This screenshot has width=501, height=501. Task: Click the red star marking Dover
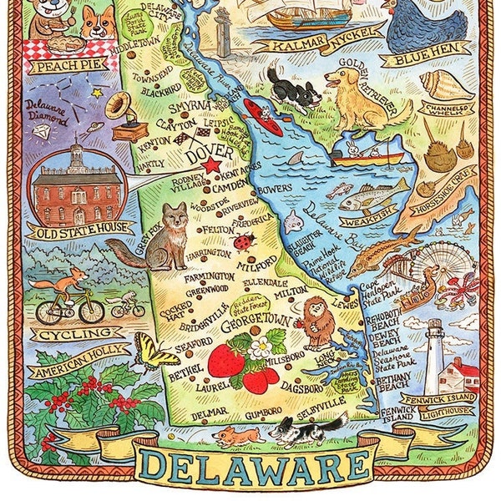point(210,165)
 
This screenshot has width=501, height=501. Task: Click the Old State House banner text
point(79,227)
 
